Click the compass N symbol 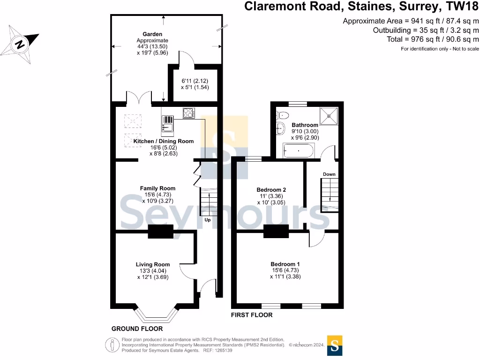coord(20,45)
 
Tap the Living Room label coord(153,264)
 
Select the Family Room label coord(157,188)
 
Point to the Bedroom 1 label coord(285,264)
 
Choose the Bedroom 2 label coord(271,190)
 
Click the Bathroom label coord(305,125)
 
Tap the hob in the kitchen coord(188,113)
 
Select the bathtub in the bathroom coord(299,151)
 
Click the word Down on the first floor coord(329,174)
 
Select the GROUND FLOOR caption coord(137,329)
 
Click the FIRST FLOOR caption coord(252,315)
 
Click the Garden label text coord(152,34)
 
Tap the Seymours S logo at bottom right coord(335,346)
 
